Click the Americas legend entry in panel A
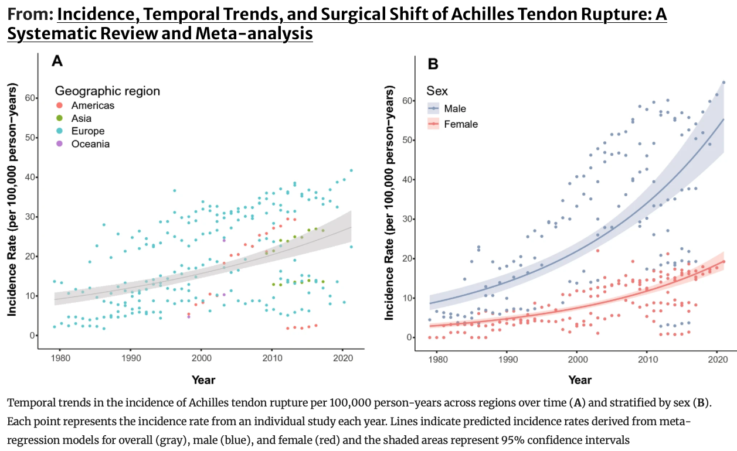click(x=92, y=105)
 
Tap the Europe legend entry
click(x=87, y=131)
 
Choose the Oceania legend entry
click(x=90, y=144)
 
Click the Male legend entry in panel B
click(x=455, y=108)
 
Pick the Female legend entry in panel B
click(x=460, y=124)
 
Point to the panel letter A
click(x=57, y=60)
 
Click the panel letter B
click(x=433, y=64)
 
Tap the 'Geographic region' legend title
click(x=107, y=91)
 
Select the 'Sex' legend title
click(x=437, y=91)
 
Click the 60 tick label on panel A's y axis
click(x=29, y=98)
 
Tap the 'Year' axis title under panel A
click(x=203, y=380)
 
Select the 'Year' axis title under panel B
click(x=579, y=380)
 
